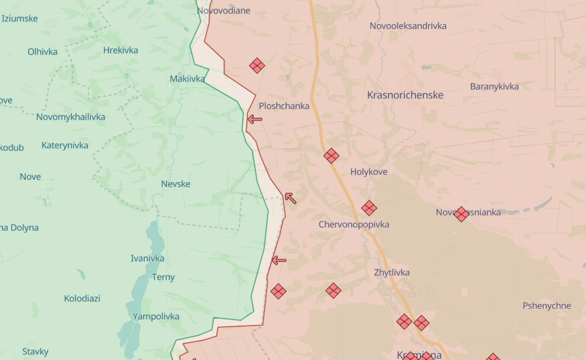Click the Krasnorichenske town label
405,95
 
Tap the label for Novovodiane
223,10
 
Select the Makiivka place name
187,79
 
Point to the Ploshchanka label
284,106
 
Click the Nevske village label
176,184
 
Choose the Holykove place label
369,172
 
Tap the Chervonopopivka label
354,225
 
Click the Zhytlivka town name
392,272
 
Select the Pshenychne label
546,306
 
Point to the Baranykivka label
494,86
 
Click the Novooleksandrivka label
408,26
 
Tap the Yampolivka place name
156,316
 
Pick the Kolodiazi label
82,298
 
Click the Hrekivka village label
121,50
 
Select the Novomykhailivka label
70,117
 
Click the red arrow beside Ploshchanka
254,119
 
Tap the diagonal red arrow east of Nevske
290,198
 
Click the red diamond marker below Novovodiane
257,66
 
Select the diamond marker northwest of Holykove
331,156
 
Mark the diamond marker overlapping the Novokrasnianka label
462,214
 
